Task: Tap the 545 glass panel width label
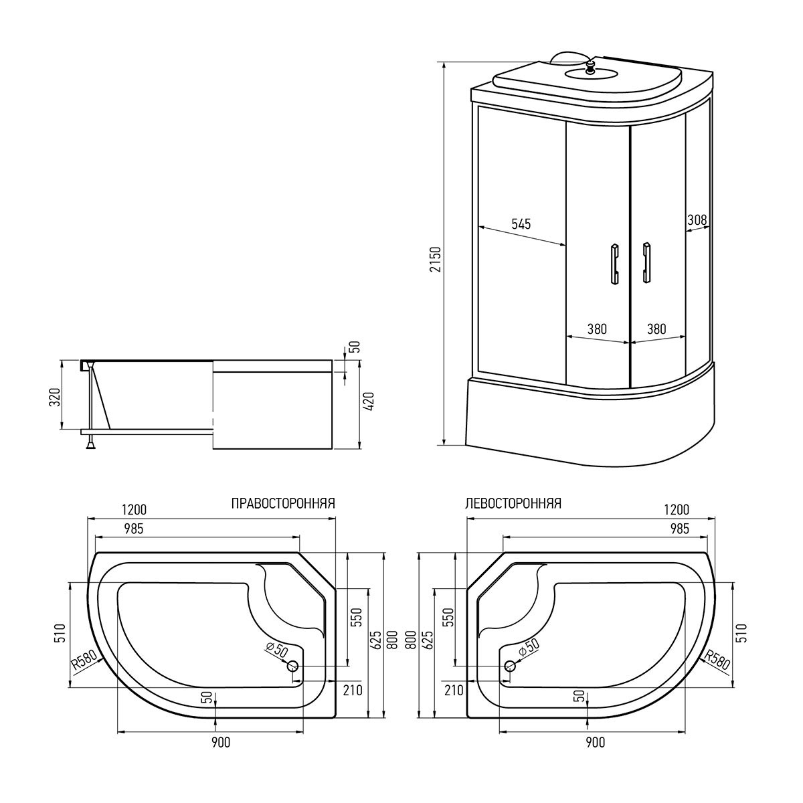coord(521,225)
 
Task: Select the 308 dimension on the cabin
coord(697,219)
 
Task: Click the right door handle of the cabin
coord(646,262)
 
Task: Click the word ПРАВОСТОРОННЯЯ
coord(282,503)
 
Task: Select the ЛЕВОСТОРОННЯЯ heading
coord(513,503)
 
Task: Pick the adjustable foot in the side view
coord(88,442)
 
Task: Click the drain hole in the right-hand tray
coord(293,666)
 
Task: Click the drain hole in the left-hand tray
coord(510,666)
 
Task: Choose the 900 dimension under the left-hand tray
coord(595,742)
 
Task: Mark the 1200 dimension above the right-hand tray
coord(135,510)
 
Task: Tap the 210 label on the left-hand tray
coord(454,691)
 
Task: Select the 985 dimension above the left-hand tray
coord(679,529)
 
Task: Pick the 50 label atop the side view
coord(355,348)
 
